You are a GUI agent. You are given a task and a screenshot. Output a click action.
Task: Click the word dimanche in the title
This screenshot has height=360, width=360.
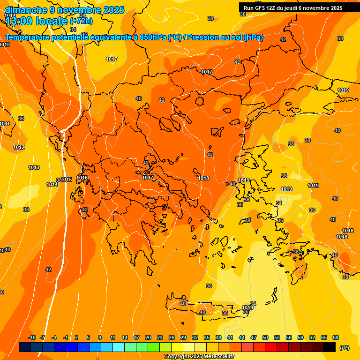(x=26, y=10)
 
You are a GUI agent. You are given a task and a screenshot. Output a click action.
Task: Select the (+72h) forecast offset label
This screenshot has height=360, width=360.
(x=81, y=21)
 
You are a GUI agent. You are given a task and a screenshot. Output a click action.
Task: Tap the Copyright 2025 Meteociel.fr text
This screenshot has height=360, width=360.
(x=199, y=357)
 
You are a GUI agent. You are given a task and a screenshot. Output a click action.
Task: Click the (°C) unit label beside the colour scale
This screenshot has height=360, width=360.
(x=344, y=348)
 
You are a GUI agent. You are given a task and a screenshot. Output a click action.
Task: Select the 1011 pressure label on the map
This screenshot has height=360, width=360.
(x=5, y=124)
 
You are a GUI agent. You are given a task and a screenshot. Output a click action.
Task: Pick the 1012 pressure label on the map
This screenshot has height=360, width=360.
(x=19, y=147)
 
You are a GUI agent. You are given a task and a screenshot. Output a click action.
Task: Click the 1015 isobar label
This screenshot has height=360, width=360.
(x=67, y=180)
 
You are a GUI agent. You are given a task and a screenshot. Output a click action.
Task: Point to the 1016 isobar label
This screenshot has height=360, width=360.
(x=82, y=178)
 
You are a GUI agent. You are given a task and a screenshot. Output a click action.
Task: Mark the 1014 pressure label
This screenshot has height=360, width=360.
(x=52, y=184)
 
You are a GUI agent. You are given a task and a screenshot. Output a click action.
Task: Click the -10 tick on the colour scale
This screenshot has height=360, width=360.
(x=32, y=337)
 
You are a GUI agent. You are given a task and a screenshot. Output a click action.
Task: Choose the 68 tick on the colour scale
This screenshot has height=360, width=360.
(x=336, y=337)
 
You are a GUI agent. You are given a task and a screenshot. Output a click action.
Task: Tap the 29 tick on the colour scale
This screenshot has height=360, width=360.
(x=183, y=337)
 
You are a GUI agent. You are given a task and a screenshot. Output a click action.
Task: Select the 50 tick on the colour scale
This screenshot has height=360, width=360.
(x=265, y=337)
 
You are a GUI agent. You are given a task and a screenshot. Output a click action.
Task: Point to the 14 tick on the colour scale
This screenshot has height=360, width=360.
(x=125, y=337)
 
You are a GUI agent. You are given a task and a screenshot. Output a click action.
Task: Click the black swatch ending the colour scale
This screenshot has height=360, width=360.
(x=330, y=347)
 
